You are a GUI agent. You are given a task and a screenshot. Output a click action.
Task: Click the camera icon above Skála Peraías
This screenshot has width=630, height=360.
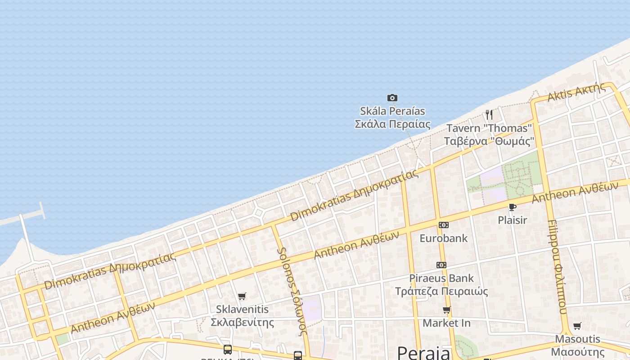(392, 98)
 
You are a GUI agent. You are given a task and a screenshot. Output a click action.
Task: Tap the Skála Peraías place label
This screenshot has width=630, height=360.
(392, 117)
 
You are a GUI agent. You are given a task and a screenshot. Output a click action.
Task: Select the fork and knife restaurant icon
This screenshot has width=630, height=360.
(489, 115)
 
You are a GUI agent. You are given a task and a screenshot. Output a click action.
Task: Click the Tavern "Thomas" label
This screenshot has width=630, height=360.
(489, 135)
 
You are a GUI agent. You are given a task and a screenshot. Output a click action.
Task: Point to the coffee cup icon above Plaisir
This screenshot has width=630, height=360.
(512, 207)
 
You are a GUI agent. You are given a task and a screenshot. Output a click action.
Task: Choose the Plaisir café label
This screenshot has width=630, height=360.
(512, 220)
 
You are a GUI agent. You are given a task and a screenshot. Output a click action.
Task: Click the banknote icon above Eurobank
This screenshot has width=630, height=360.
(444, 225)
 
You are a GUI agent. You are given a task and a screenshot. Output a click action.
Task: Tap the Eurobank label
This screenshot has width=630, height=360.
(444, 238)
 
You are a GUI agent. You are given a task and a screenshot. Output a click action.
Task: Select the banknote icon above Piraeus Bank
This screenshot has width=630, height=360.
(441, 265)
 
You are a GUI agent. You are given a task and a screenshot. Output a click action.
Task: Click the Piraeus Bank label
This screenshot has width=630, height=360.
(441, 284)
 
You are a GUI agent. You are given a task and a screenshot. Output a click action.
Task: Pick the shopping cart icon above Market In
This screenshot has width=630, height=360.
(447, 310)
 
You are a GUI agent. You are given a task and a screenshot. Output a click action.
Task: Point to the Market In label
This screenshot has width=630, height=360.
(446, 323)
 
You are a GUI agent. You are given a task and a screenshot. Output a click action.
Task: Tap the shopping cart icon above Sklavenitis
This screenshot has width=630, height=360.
(242, 296)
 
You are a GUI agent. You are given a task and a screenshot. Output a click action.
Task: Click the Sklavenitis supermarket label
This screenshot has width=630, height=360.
(242, 315)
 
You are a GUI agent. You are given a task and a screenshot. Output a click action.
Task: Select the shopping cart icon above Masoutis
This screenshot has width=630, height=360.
(577, 326)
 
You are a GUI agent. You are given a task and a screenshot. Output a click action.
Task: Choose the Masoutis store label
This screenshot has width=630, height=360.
(578, 345)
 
